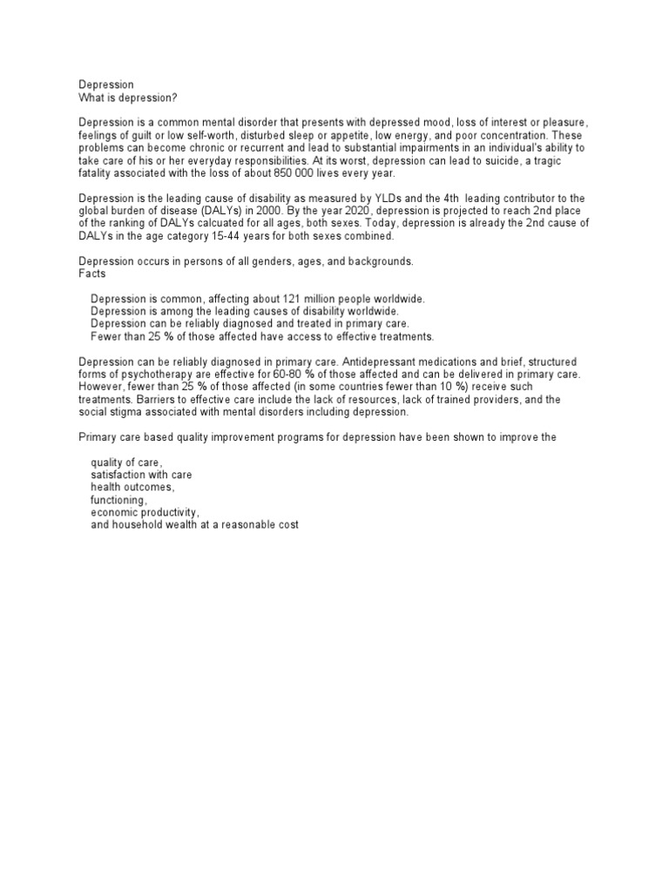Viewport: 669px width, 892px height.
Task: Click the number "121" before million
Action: (286, 299)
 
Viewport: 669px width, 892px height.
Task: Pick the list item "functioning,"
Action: (119, 501)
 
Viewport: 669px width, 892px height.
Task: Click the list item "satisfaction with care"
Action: (141, 476)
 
